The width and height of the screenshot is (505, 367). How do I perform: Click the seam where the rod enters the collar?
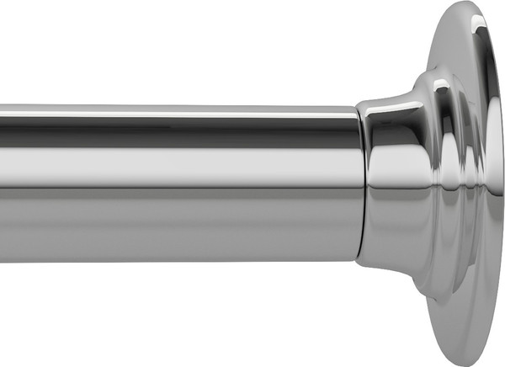[363, 185]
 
